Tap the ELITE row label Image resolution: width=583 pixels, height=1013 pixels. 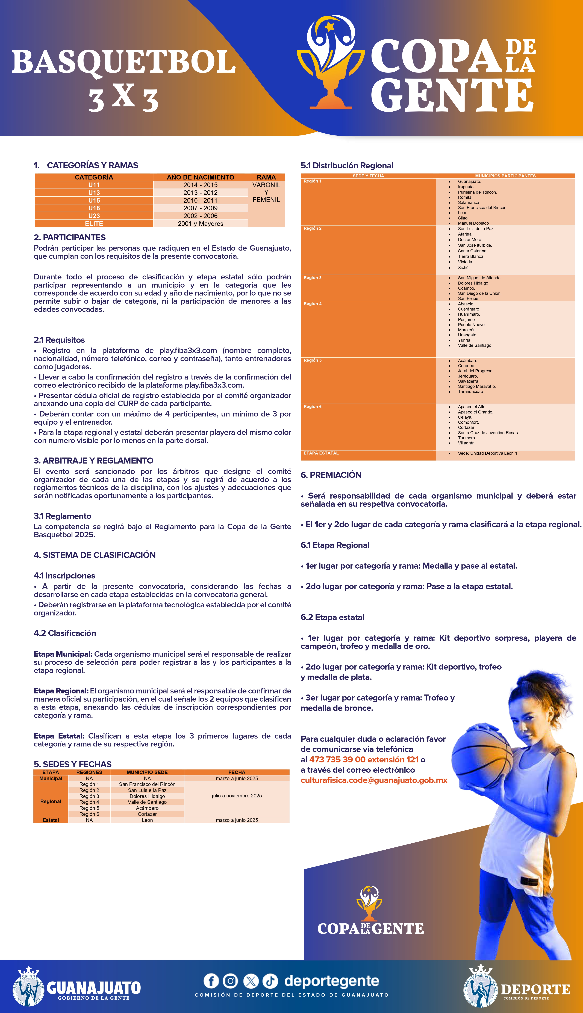(94, 224)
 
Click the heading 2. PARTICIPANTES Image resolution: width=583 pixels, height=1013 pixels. (70, 237)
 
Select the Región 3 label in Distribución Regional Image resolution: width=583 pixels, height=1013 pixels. (312, 278)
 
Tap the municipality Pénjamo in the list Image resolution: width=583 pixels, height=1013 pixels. (466, 319)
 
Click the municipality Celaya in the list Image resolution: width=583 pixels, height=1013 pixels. (465, 417)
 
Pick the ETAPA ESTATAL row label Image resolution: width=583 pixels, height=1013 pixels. (321, 453)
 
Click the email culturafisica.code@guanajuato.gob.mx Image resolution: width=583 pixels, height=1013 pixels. (374, 780)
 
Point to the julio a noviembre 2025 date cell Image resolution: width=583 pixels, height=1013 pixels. (237, 796)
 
